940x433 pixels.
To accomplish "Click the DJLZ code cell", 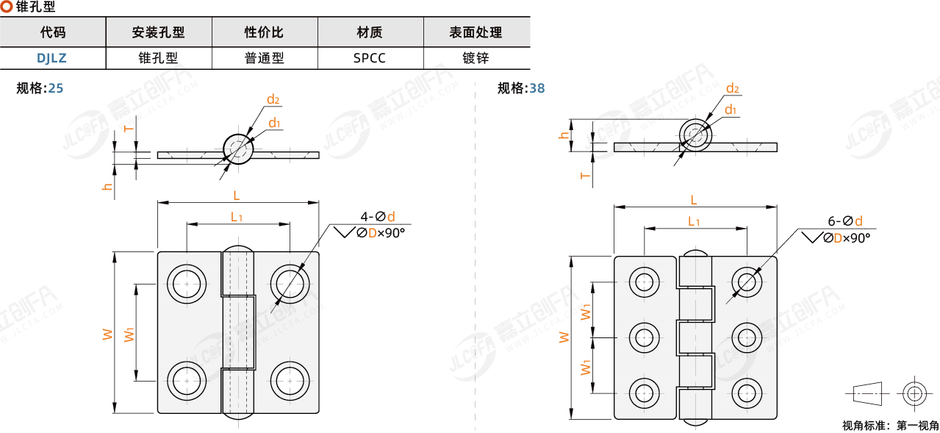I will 53,58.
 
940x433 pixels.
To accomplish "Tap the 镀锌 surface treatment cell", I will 476,58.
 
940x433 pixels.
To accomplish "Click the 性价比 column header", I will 264,32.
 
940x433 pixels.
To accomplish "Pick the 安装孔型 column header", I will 158,32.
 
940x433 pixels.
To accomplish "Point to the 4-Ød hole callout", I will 377,216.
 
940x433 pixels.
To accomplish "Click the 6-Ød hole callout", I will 844,221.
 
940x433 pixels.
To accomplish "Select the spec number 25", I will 55,88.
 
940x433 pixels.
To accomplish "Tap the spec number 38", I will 537,88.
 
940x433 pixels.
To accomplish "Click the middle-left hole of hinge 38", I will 645,337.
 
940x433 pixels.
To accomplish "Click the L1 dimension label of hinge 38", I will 693,221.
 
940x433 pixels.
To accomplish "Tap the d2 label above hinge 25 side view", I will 273,99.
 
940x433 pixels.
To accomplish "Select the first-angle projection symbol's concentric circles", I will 914,393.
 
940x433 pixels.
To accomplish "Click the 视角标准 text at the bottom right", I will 864,425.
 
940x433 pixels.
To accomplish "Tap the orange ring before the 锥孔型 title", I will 6,7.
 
